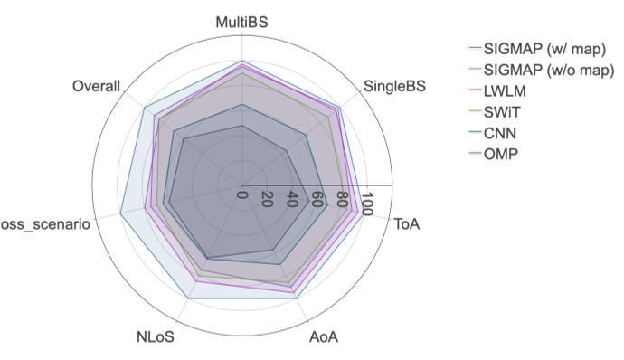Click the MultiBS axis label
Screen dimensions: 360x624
tap(241, 20)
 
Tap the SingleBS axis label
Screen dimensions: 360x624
tap(394, 87)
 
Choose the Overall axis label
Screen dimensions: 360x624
tap(96, 86)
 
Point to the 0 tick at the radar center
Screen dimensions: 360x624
tap(242, 194)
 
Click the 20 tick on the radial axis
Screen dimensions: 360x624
tap(267, 200)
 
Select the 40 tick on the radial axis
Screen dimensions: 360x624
tap(292, 200)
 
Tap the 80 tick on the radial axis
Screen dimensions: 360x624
tap(342, 200)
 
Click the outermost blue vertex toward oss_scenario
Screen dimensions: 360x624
tap(121, 213)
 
